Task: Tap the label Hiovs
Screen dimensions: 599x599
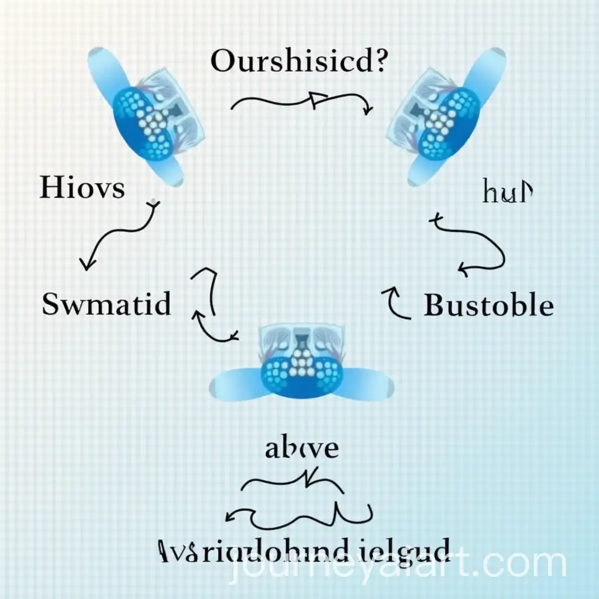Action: coord(82,189)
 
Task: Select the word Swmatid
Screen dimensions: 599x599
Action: coord(107,305)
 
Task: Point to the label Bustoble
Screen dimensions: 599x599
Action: coord(488,305)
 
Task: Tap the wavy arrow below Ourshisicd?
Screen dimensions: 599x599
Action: coord(302,102)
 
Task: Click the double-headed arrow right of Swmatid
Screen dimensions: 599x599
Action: coord(211,307)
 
